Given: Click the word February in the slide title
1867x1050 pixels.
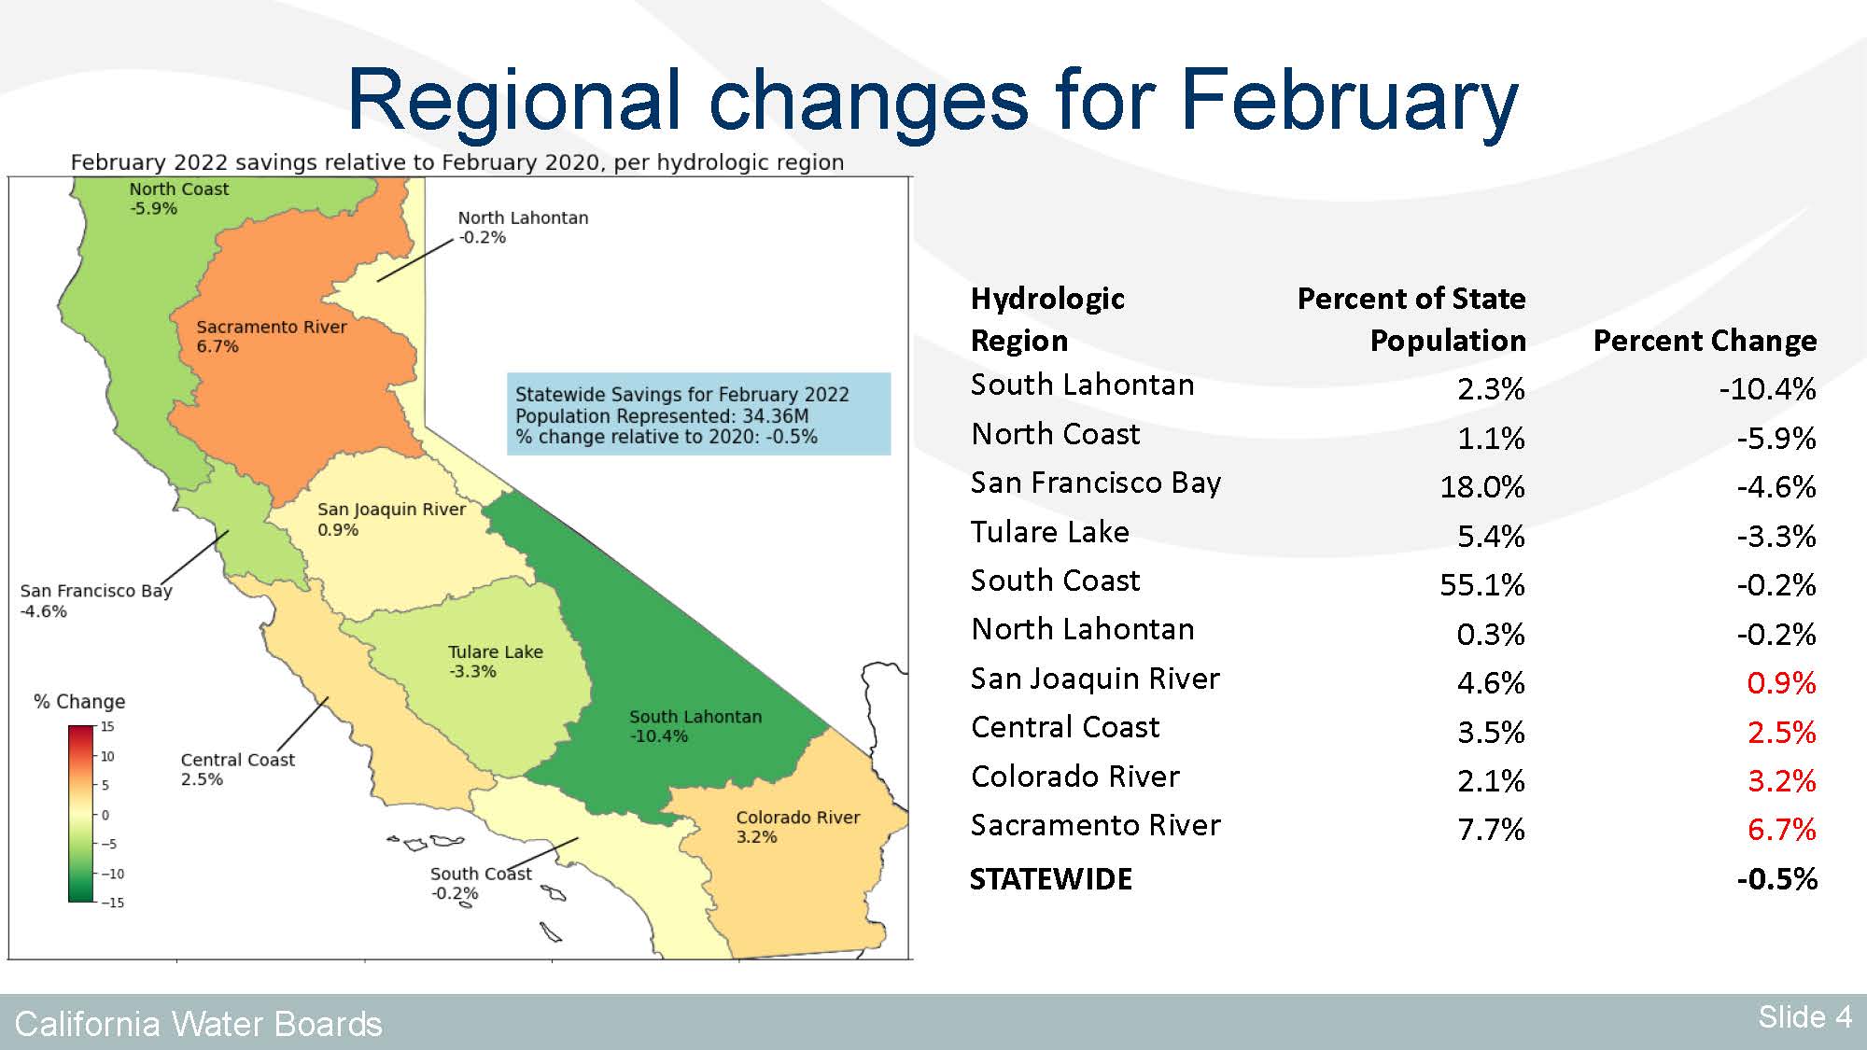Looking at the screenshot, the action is [x=1349, y=101].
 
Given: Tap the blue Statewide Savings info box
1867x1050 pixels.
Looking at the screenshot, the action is [x=698, y=414].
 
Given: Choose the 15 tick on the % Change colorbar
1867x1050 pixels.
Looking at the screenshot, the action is [x=107, y=726].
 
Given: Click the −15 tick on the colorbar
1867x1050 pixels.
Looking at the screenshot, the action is [x=112, y=903].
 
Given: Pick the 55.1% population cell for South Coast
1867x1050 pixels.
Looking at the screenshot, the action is [x=1481, y=584].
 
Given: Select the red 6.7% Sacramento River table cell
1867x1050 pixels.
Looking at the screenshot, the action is [x=1781, y=829].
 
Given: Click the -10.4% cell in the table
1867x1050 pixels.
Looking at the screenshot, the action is [x=1767, y=388].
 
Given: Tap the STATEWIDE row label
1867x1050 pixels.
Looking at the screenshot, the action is [x=1051, y=878].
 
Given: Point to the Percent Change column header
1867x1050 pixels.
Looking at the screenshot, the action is [x=1705, y=341].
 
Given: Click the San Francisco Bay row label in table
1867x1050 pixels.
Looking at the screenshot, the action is [x=1096, y=483].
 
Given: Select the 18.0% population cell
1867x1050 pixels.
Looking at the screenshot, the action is [x=1482, y=486].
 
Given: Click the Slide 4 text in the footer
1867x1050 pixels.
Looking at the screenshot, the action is [x=1804, y=1016].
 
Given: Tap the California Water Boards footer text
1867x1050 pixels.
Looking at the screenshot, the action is [x=198, y=1024].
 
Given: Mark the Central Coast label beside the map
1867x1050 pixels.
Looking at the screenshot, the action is [x=237, y=769].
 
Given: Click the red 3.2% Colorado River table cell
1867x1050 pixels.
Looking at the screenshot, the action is [x=1781, y=780].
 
